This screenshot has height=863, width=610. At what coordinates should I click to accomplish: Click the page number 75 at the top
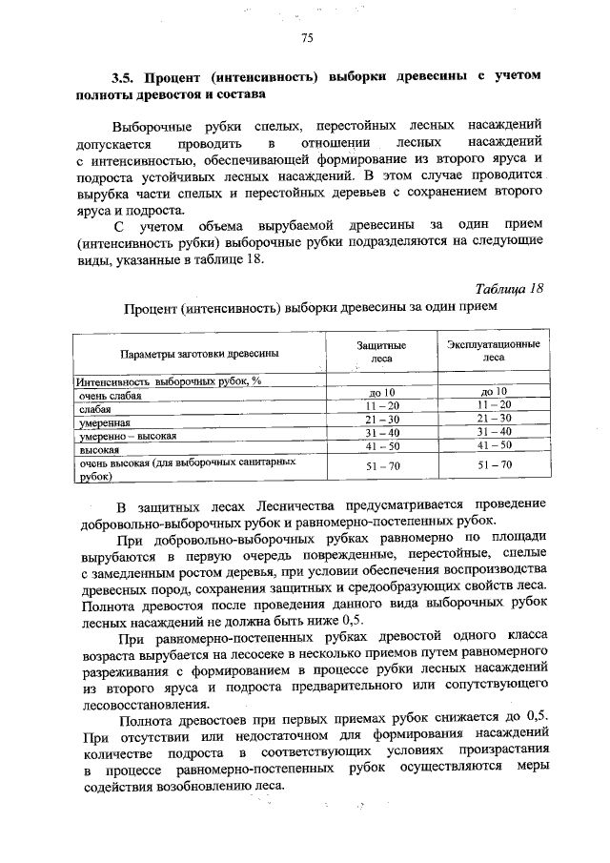pyautogui.click(x=307, y=38)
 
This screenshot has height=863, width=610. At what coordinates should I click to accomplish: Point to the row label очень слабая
pyautogui.click(x=111, y=395)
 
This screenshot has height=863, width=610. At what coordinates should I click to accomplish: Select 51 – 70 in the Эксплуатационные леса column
pyautogui.click(x=493, y=464)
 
